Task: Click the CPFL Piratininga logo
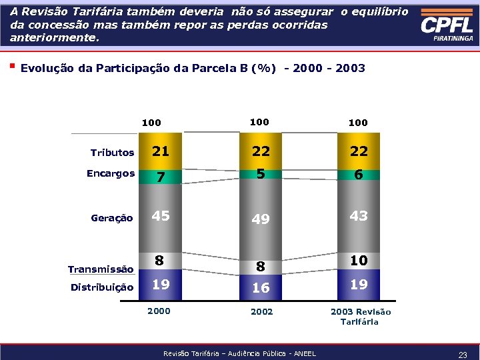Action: click(447, 27)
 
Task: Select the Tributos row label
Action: click(112, 153)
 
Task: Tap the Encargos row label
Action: click(111, 173)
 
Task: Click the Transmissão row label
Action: click(101, 269)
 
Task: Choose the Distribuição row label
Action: click(102, 287)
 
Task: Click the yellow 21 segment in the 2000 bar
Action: click(160, 151)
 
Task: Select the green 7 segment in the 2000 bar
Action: click(160, 177)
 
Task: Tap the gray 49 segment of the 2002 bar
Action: click(261, 219)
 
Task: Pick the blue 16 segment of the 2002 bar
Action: click(261, 287)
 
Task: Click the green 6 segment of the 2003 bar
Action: click(359, 174)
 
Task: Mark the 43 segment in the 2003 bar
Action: click(359, 216)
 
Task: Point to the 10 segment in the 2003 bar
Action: click(359, 261)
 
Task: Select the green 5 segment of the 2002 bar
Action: click(261, 173)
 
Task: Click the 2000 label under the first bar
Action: click(159, 311)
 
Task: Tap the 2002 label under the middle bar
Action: click(261, 311)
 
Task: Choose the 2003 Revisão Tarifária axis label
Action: click(361, 317)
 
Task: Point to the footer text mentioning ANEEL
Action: click(239, 353)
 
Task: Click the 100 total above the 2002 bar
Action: click(259, 122)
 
